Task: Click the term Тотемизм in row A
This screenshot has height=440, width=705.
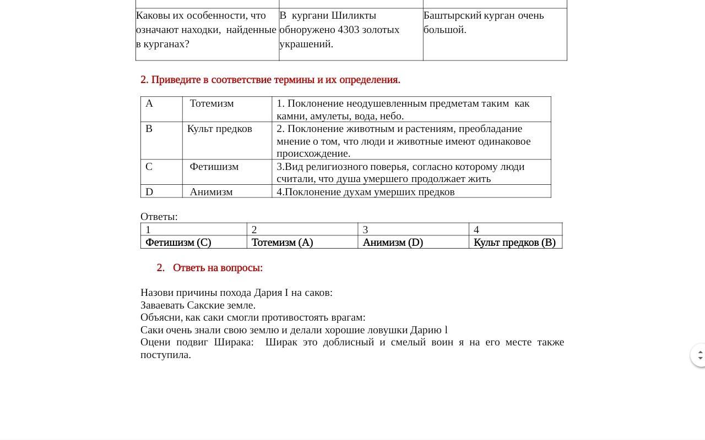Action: click(211, 103)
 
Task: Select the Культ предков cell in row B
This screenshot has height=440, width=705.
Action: click(219, 129)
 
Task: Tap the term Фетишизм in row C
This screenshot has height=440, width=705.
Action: click(214, 167)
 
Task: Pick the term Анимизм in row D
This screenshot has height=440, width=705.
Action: click(211, 192)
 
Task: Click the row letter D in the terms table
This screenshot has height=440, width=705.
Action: click(149, 192)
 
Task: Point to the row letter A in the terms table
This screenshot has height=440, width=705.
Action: click(149, 103)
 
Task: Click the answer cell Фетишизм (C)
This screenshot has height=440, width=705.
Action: click(178, 243)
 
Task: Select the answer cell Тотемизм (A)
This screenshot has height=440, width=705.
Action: click(282, 243)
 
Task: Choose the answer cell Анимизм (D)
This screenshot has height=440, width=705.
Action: click(393, 243)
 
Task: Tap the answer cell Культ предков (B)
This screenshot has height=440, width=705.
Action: click(514, 243)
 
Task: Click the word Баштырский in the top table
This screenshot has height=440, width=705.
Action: click(453, 15)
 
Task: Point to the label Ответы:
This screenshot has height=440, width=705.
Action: click(159, 217)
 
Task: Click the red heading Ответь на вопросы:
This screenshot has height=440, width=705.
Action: click(218, 268)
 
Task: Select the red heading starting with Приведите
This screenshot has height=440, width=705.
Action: click(270, 80)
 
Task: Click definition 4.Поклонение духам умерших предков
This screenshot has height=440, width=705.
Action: click(366, 192)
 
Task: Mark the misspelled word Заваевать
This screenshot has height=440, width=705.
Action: click(162, 305)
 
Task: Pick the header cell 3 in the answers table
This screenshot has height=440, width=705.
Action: click(365, 230)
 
